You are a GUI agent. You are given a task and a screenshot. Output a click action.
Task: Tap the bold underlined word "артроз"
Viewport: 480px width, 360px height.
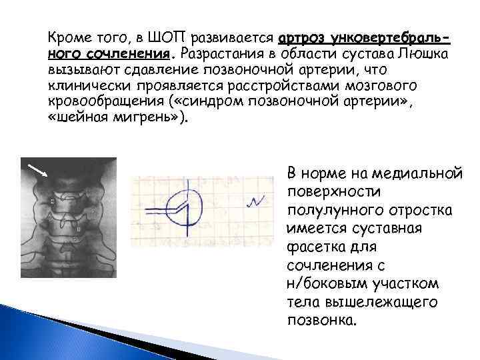(x=300, y=35)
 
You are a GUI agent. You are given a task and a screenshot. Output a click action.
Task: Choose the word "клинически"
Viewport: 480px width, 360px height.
(x=82, y=86)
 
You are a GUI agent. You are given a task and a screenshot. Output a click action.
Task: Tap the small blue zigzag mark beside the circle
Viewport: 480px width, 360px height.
(x=257, y=201)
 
